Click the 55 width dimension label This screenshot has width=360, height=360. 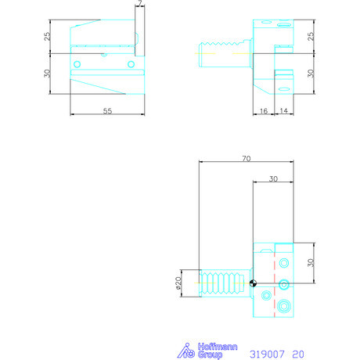[107, 112]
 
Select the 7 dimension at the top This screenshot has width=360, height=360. [139, 5]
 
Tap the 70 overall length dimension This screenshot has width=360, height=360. [246, 159]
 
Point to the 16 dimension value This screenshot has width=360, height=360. [263, 112]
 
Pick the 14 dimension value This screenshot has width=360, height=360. [283, 112]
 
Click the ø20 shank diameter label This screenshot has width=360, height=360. [179, 283]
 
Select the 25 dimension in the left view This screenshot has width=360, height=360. [48, 36]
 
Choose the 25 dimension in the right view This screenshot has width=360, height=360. [311, 36]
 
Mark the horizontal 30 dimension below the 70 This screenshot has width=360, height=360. [273, 178]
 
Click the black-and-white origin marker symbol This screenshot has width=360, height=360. [253, 283]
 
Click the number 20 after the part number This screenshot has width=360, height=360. [297, 354]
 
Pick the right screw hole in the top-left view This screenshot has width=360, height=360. [131, 63]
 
